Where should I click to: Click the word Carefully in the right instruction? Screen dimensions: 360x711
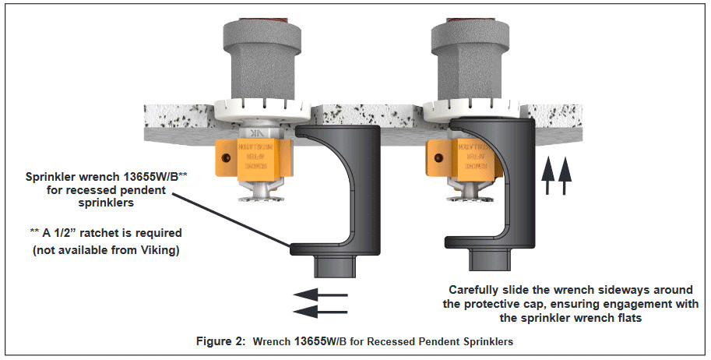pos(477,291)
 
